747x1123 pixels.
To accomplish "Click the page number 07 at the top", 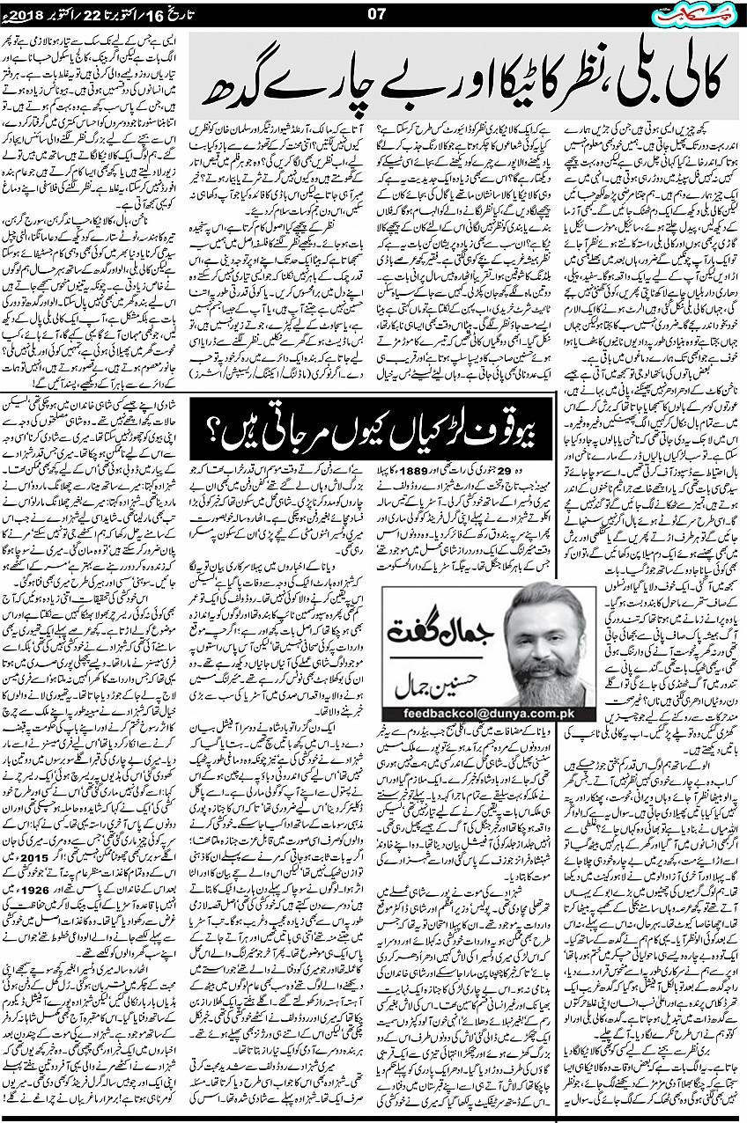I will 376,14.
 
